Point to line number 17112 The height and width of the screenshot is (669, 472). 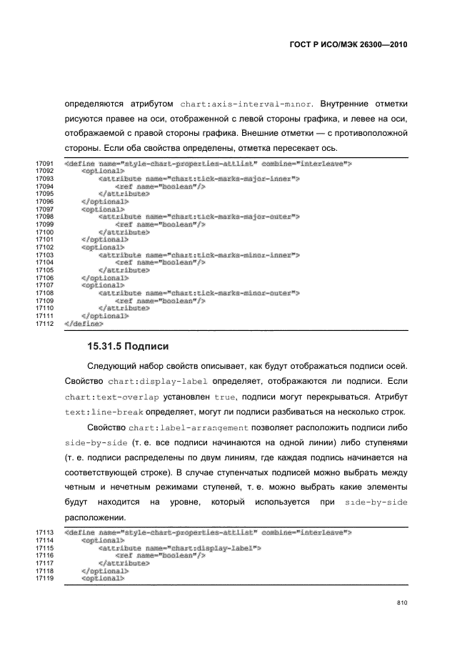[45, 323]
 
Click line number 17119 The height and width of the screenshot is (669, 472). [45, 578]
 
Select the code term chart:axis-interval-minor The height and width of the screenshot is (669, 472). [238, 103]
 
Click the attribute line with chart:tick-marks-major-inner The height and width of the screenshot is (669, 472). [199, 179]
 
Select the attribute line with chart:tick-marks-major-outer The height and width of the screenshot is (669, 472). [199, 217]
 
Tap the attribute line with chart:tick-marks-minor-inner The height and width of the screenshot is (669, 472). [199, 254]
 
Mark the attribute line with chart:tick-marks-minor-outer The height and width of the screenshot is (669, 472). [199, 292]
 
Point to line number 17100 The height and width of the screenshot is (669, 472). [45, 232]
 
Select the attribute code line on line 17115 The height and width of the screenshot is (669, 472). [179, 548]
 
